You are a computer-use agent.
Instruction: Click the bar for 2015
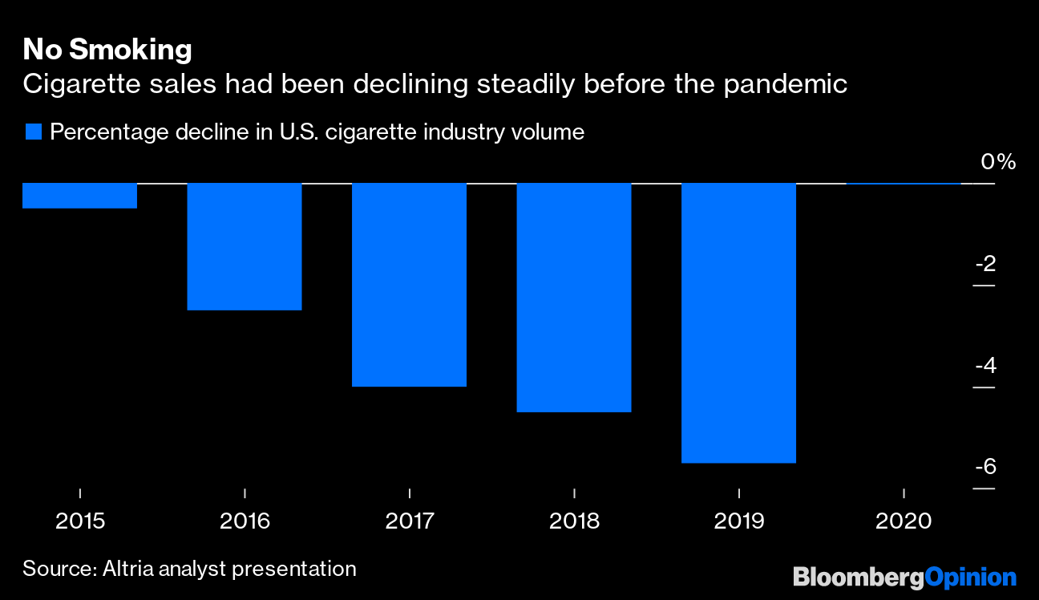(x=79, y=196)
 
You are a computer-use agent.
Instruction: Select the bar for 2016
(x=245, y=246)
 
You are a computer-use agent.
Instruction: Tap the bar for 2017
(x=409, y=285)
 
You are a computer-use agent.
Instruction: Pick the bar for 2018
(x=574, y=298)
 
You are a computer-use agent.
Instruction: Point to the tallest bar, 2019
(x=738, y=322)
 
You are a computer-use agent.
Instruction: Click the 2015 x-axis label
(x=80, y=521)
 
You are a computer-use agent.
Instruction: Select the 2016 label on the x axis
(x=245, y=521)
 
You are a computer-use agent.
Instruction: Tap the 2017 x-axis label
(x=410, y=521)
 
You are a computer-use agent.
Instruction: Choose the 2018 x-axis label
(x=574, y=521)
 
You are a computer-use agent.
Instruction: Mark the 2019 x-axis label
(x=739, y=521)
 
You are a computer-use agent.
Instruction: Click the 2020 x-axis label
(x=904, y=521)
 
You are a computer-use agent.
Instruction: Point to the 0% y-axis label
(x=998, y=162)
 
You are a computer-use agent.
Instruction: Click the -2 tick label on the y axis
(x=984, y=264)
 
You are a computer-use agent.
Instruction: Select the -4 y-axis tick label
(x=984, y=366)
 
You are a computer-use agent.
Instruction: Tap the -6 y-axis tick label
(x=984, y=467)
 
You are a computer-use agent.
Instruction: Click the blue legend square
(x=33, y=132)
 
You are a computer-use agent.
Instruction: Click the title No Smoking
(x=107, y=50)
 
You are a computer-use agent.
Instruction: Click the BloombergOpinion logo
(x=904, y=577)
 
